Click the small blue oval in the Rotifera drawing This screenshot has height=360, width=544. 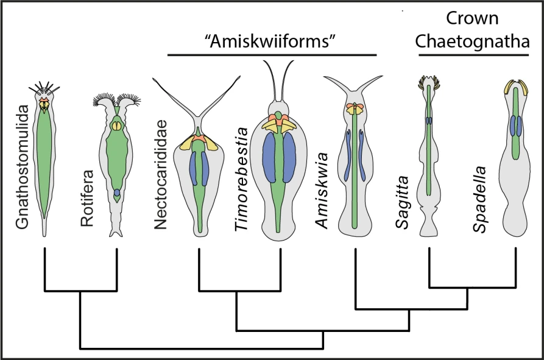coord(117,192)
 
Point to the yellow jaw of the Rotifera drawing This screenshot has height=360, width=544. coord(116,126)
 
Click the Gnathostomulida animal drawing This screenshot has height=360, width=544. coord(44,158)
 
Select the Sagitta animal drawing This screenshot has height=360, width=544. coord(430,158)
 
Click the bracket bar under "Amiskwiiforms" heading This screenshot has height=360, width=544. coord(272,55)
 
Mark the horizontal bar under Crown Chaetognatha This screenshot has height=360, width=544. coord(473,55)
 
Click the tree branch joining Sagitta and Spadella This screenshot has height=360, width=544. coord(473,286)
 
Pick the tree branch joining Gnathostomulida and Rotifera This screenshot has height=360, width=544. coord(80,291)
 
